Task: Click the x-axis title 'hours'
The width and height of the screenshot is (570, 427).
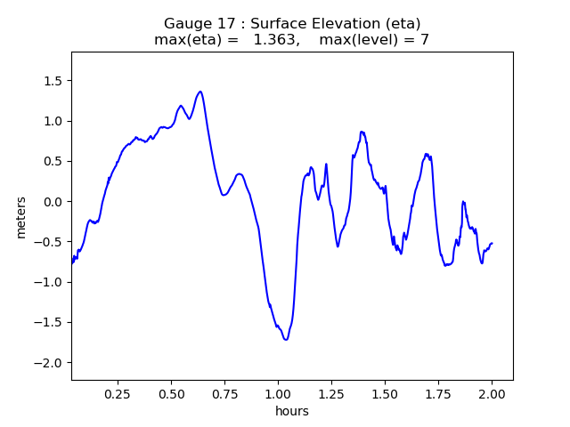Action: click(x=292, y=411)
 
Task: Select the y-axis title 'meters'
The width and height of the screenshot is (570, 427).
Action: click(x=21, y=217)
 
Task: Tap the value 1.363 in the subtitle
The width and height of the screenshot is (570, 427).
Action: click(x=275, y=40)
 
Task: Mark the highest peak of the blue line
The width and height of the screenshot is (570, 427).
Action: click(x=200, y=92)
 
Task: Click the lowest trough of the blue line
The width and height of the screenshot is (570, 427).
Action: click(x=286, y=340)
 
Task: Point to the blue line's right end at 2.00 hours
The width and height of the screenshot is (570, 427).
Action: click(x=492, y=243)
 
